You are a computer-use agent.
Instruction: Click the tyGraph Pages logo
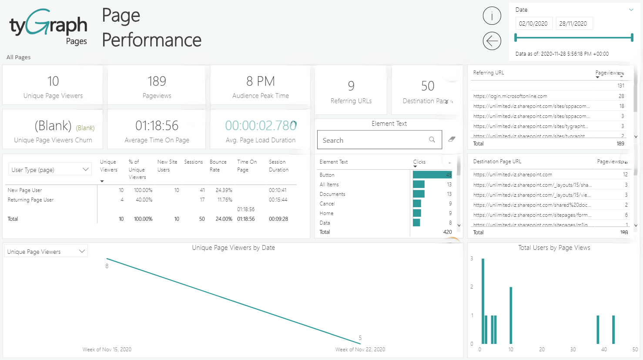pyautogui.click(x=48, y=27)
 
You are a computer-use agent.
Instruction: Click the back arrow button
pyautogui.click(x=492, y=41)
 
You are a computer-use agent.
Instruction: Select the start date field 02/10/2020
pyautogui.click(x=533, y=24)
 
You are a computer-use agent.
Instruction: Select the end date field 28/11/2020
pyautogui.click(x=573, y=24)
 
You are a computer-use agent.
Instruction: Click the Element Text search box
pyautogui.click(x=374, y=140)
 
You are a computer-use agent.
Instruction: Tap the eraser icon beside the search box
pyautogui.click(x=452, y=139)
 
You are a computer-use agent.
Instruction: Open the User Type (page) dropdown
pyautogui.click(x=50, y=170)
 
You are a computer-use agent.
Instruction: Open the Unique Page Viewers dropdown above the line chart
pyautogui.click(x=46, y=252)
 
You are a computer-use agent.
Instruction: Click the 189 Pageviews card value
pyautogui.click(x=157, y=81)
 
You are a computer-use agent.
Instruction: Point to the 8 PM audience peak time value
pyautogui.click(x=260, y=81)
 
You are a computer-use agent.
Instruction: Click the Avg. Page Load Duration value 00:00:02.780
pyautogui.click(x=260, y=126)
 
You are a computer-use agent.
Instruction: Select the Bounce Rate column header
pyautogui.click(x=218, y=166)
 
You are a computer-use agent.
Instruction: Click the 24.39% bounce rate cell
pyautogui.click(x=224, y=190)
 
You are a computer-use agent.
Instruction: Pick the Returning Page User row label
pyautogui.click(x=30, y=200)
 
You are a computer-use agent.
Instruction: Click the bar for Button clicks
pyautogui.click(x=432, y=175)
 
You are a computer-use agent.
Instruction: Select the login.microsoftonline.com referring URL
pyautogui.click(x=510, y=96)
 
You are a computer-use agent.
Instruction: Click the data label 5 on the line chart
pyautogui.click(x=360, y=338)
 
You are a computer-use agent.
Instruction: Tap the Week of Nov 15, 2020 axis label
pyautogui.click(x=107, y=350)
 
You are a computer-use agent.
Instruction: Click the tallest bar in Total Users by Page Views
pyautogui.click(x=483, y=301)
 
